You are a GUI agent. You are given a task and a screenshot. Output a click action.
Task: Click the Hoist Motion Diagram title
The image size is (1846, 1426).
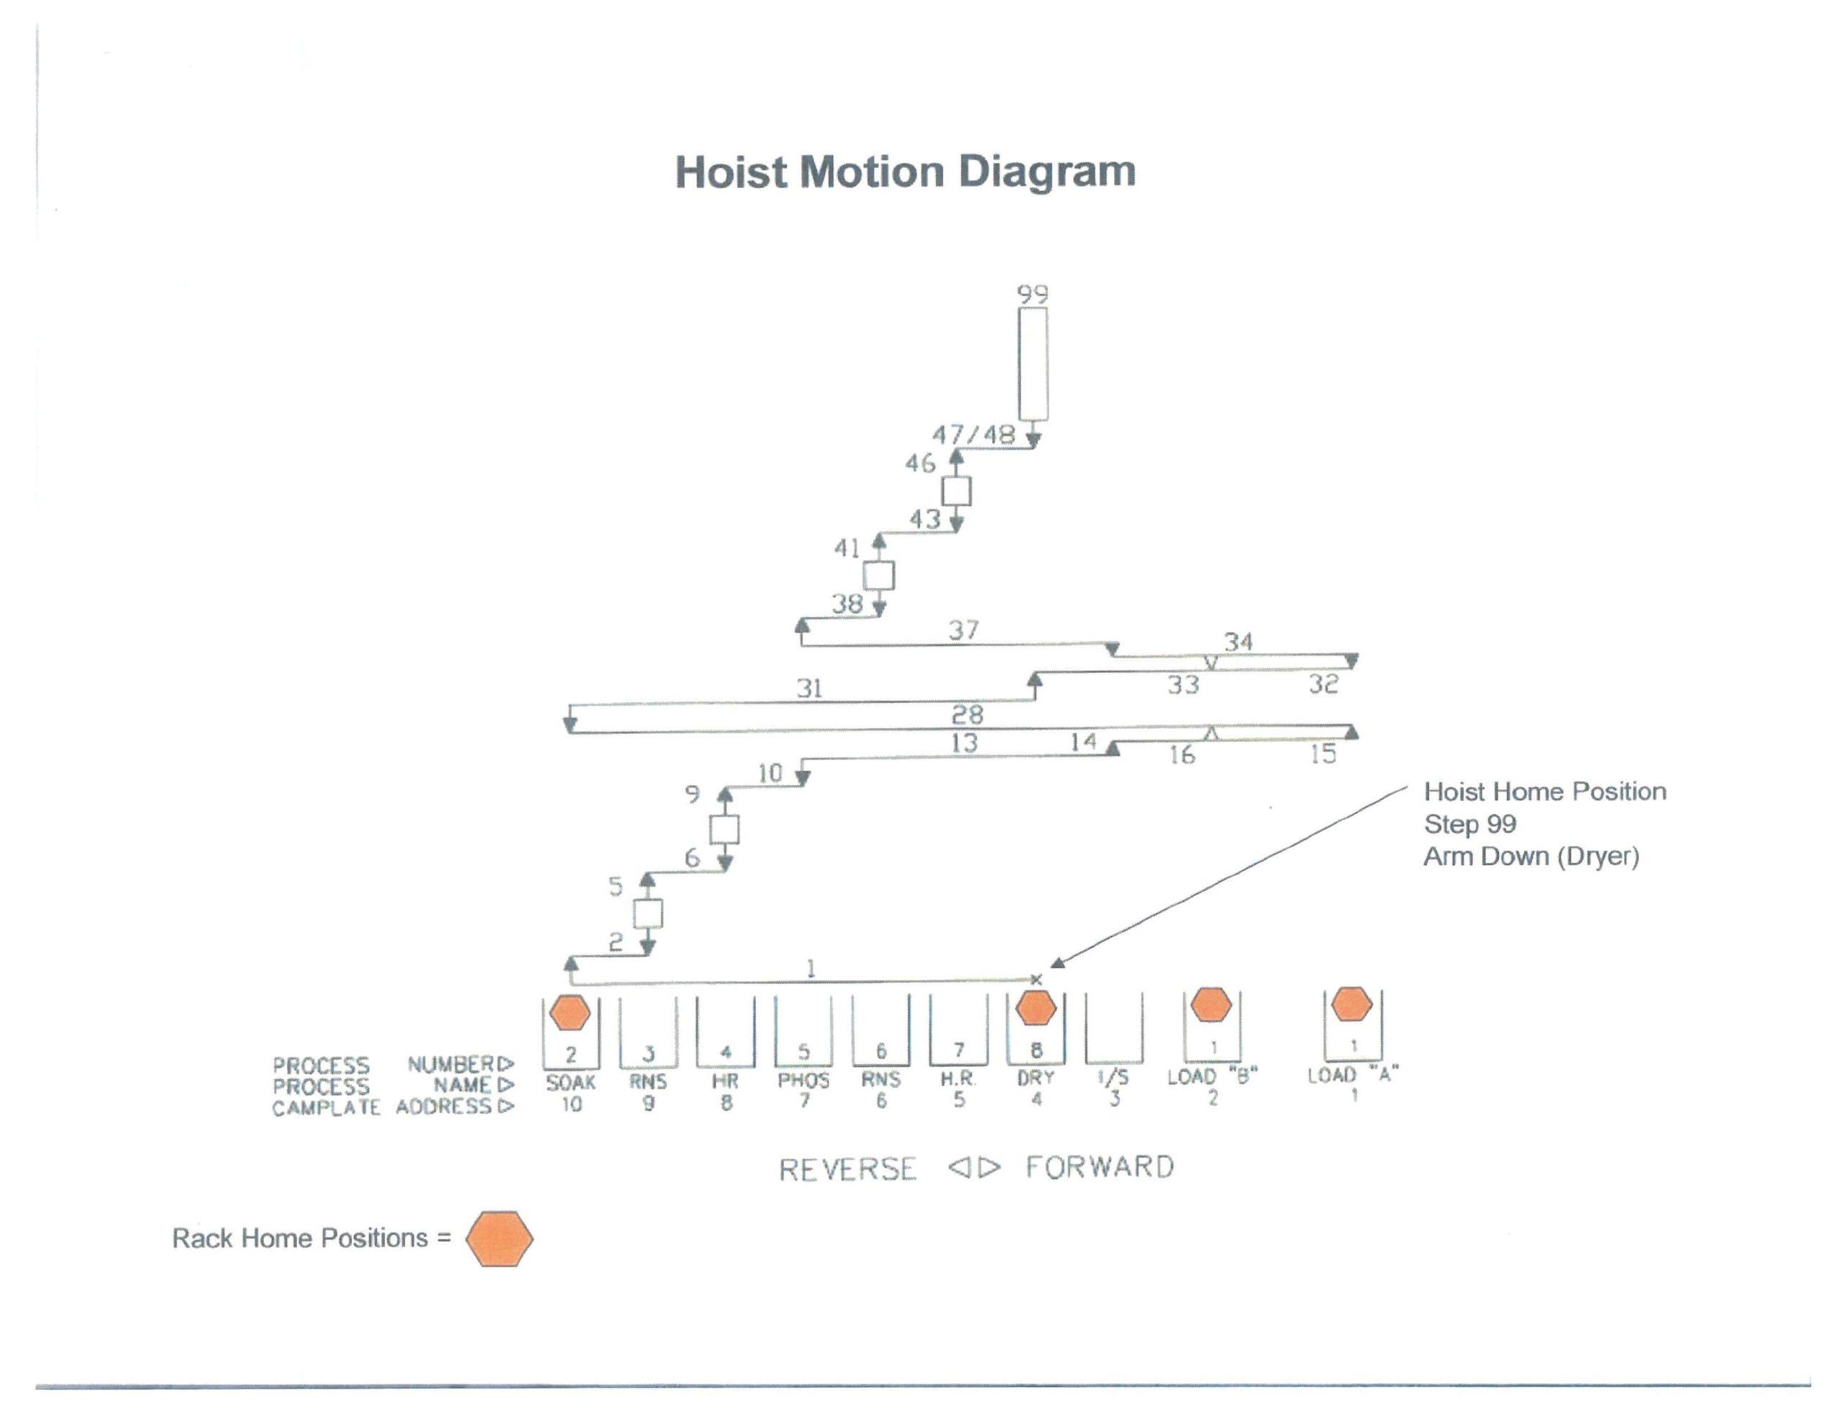[x=904, y=172]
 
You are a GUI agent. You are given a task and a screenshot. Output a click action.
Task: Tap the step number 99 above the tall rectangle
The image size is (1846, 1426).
[x=1033, y=294]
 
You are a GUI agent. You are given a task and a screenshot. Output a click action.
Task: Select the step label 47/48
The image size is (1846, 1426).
[x=973, y=435]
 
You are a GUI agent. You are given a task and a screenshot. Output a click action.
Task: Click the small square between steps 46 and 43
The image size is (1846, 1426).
[x=956, y=491]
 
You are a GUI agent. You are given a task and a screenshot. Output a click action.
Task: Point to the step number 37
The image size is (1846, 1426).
[x=963, y=630]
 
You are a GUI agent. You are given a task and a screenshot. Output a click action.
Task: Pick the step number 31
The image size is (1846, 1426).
[x=809, y=688]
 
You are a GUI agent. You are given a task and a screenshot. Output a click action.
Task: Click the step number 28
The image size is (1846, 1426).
[x=967, y=715]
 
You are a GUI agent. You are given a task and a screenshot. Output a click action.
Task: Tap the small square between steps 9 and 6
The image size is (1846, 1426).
[x=725, y=829]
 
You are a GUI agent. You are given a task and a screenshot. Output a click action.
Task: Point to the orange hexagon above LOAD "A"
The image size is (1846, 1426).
[x=1351, y=1004]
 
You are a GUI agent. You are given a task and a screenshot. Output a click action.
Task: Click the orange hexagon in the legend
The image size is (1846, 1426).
[x=500, y=1239]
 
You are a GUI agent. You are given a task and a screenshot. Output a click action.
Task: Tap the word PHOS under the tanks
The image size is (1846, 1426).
[x=803, y=1080]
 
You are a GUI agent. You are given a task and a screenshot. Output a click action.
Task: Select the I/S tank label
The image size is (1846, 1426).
[x=1113, y=1078]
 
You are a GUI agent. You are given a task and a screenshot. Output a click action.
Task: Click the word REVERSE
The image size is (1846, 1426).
[x=847, y=1169]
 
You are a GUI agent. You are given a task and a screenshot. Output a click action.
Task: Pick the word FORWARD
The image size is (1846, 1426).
[x=1100, y=1167]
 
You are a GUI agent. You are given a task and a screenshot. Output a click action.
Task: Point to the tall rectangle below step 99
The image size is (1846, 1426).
[x=1033, y=363]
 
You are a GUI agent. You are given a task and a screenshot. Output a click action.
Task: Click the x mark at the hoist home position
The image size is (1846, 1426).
[x=1037, y=979]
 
